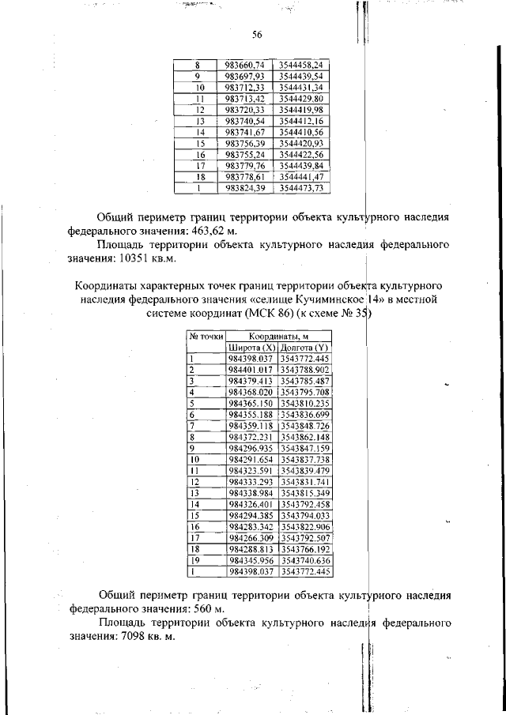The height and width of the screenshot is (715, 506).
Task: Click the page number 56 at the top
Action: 257,34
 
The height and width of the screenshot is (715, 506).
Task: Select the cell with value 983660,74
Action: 244,64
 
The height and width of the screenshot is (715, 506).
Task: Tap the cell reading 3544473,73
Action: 301,188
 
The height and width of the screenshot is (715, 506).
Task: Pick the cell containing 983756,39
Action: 244,144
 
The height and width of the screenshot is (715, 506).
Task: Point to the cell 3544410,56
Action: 301,132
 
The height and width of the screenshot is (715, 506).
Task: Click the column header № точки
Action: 206,336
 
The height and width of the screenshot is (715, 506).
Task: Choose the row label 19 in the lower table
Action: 192,558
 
